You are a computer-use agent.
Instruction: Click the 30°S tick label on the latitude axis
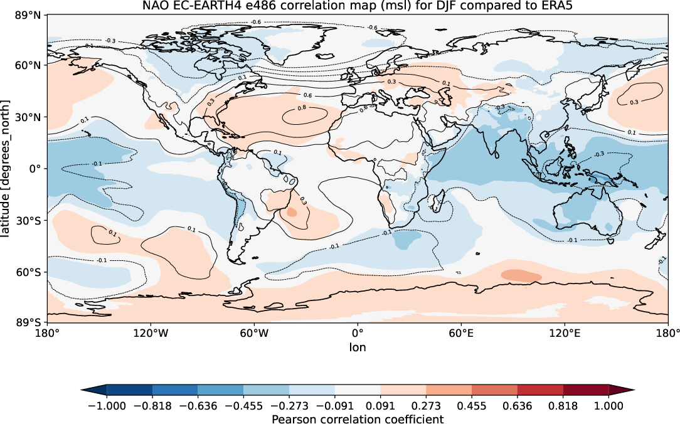[x=28, y=221]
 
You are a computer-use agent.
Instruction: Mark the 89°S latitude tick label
[x=28, y=322]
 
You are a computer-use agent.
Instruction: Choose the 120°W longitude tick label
[x=151, y=334]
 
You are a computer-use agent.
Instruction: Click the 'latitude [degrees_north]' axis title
[x=8, y=169]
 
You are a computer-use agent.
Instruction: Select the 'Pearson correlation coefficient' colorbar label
[x=358, y=418]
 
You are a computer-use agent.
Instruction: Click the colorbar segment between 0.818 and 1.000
[x=586, y=390]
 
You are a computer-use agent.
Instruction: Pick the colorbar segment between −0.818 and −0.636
[x=174, y=390]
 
